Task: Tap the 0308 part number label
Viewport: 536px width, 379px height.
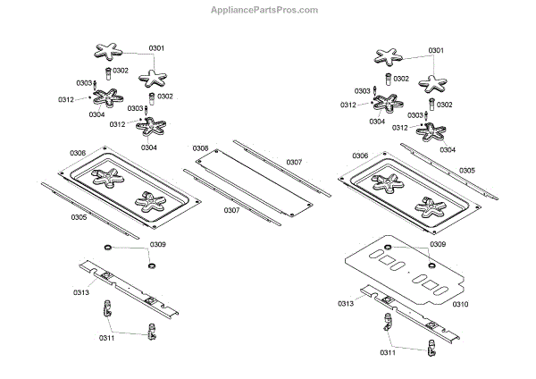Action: click(200, 147)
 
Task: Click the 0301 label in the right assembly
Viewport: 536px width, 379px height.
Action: click(437, 50)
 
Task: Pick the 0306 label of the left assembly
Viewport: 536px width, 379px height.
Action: click(79, 153)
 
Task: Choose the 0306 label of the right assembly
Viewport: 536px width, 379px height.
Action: click(359, 156)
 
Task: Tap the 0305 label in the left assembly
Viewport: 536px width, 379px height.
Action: click(79, 216)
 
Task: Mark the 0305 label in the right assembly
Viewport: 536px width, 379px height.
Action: click(466, 170)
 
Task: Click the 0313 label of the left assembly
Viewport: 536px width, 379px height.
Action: click(81, 291)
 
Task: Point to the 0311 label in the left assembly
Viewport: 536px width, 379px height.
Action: click(107, 339)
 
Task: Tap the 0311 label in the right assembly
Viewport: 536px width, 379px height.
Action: click(387, 353)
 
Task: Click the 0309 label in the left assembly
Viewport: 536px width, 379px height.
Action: click(157, 244)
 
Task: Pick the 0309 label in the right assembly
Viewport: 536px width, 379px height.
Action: click(438, 244)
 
